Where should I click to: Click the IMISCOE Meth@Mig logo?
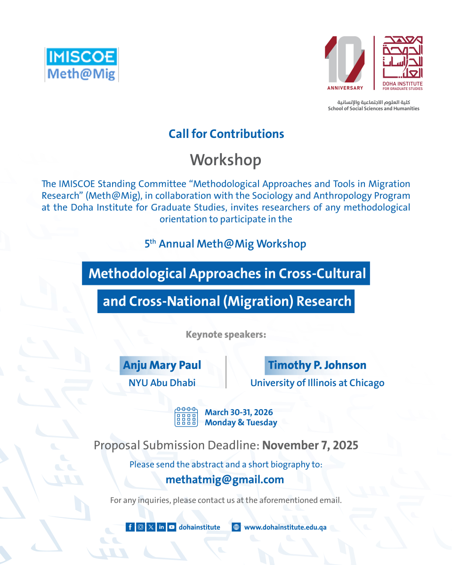click(x=81, y=65)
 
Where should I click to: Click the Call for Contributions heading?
click(x=226, y=134)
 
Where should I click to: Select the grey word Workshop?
click(x=226, y=160)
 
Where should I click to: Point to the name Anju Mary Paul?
click(x=162, y=365)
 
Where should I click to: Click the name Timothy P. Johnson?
click(x=317, y=365)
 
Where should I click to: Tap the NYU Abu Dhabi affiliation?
click(x=162, y=383)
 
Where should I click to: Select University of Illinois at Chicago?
click(x=317, y=383)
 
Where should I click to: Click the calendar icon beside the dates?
click(x=186, y=417)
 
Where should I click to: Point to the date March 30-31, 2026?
click(x=239, y=412)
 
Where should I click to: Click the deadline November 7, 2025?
click(x=310, y=445)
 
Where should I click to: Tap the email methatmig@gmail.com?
click(x=225, y=480)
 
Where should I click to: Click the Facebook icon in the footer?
click(x=130, y=527)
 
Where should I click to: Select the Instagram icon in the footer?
click(x=140, y=527)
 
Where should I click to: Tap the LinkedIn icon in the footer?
click(x=161, y=527)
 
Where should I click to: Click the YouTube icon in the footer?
click(x=171, y=527)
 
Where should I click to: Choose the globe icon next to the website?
click(x=236, y=527)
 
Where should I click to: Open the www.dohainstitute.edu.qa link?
click(x=285, y=527)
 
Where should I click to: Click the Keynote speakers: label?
click(x=226, y=335)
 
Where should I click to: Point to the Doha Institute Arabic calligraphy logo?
click(x=403, y=57)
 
